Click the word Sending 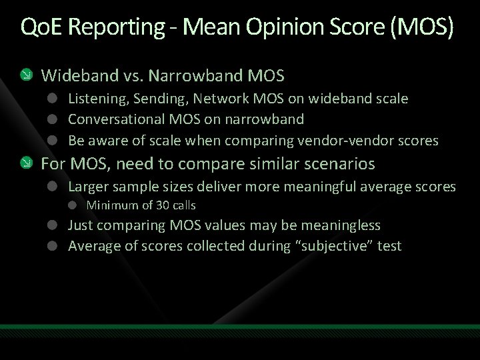coord(159,99)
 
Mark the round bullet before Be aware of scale coord(52,141)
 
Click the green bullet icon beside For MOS coord(25,163)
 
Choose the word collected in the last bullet coord(217,246)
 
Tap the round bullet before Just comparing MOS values coord(52,226)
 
